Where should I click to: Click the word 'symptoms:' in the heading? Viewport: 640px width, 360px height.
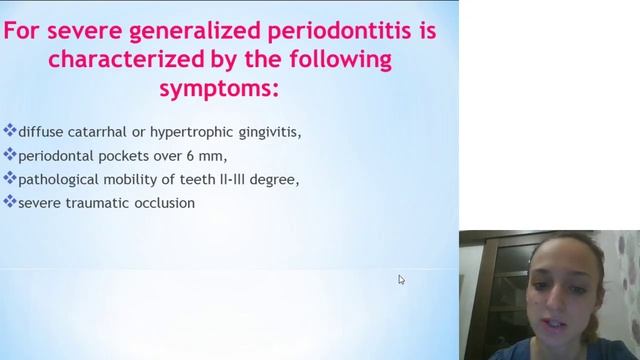pos(219,89)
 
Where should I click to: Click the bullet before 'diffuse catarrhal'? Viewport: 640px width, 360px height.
pos(10,131)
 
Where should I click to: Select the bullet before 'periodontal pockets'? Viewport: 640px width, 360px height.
pos(10,155)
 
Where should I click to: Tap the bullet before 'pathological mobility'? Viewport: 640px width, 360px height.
pos(10,179)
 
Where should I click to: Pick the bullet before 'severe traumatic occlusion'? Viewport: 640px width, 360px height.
pos(10,202)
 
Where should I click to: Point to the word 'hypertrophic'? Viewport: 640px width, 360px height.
pos(194,131)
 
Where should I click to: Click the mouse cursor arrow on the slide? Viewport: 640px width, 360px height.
pos(401,280)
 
